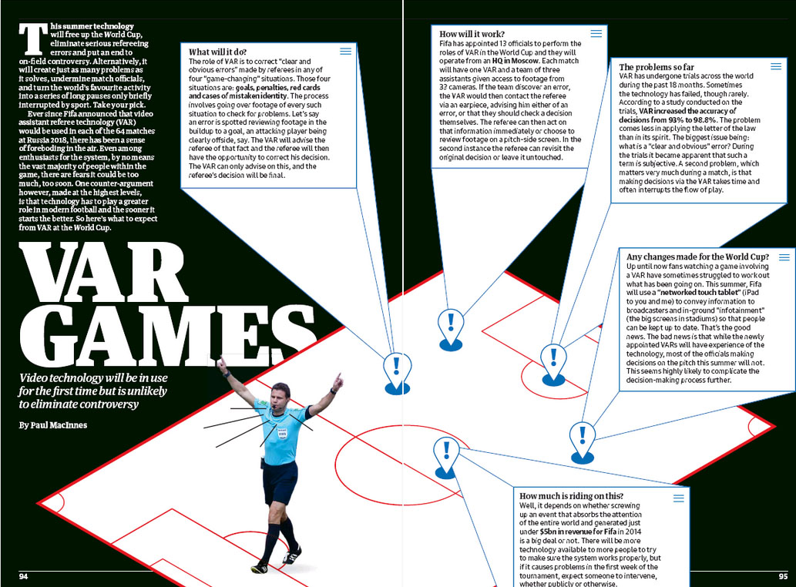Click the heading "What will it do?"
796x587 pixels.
217,52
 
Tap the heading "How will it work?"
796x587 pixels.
472,34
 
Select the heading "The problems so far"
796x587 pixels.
657,67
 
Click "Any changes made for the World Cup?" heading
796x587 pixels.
697,257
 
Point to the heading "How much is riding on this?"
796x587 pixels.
571,495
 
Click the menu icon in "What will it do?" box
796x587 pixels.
346,52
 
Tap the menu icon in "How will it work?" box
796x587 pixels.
596,33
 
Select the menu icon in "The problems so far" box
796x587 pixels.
776,66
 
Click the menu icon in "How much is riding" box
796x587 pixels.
679,498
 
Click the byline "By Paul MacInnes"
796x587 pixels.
53,425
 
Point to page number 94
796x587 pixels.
23,576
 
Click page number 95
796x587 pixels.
784,576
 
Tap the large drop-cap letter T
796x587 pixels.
33,39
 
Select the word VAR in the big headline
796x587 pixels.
103,273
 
